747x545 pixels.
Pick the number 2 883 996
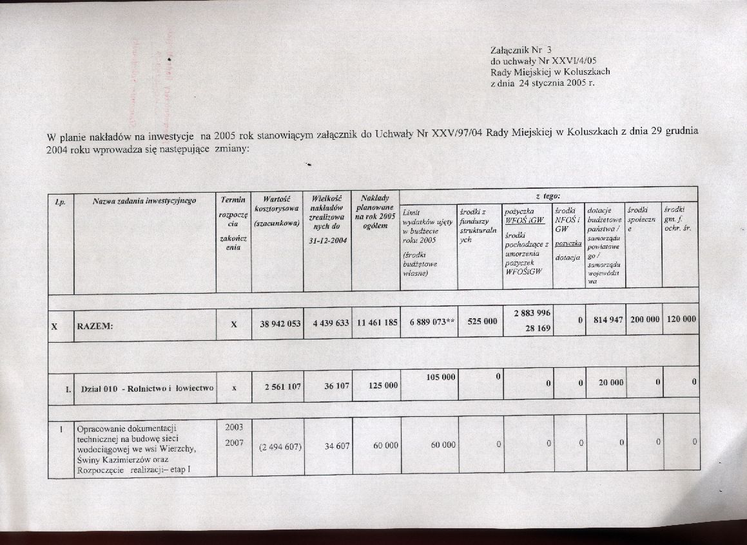pyautogui.click(x=531, y=313)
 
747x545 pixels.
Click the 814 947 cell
pyautogui.click(x=606, y=320)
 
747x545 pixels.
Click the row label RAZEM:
pyautogui.click(x=95, y=326)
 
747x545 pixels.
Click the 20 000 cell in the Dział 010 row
pyautogui.click(x=610, y=383)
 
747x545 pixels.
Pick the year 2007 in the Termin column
pyautogui.click(x=233, y=443)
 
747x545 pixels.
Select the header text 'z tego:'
pyautogui.click(x=547, y=195)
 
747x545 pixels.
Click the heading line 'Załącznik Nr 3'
pyautogui.click(x=521, y=49)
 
